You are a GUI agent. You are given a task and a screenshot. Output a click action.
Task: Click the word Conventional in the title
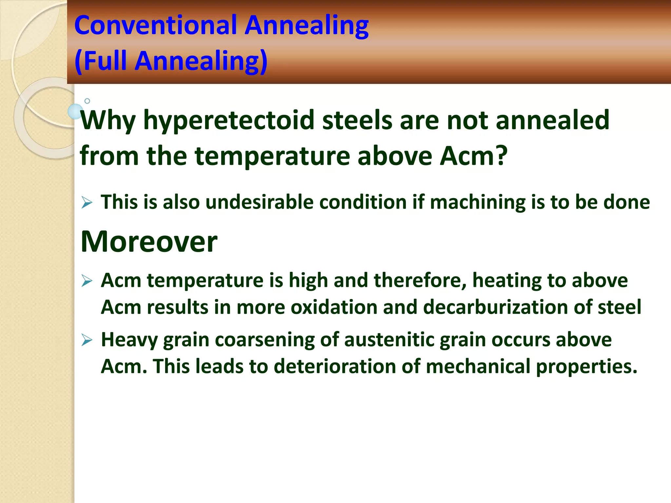click(x=156, y=25)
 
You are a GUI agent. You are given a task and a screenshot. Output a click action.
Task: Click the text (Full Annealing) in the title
click(x=171, y=61)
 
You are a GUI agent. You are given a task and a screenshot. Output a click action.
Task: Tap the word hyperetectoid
click(x=229, y=121)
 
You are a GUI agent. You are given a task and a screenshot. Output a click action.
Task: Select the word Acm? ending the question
click(x=474, y=156)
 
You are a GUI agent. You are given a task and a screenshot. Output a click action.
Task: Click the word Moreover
click(x=149, y=241)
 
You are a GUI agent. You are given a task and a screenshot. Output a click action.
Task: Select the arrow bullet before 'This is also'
click(x=87, y=202)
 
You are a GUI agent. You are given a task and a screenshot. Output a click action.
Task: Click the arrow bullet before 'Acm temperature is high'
click(x=87, y=281)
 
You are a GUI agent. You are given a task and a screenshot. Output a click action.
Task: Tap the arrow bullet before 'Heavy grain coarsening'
click(x=87, y=340)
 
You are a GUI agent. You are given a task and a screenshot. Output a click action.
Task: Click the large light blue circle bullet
click(x=75, y=112)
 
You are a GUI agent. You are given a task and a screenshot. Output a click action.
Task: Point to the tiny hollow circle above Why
click(x=87, y=101)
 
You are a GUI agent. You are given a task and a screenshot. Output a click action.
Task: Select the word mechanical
click(x=478, y=366)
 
